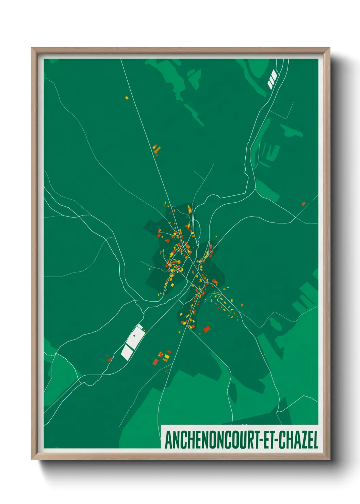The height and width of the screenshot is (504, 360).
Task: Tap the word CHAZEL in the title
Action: (298, 440)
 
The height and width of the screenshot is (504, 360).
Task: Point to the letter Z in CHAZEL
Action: (302, 440)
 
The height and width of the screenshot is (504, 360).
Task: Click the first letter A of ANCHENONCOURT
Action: (168, 440)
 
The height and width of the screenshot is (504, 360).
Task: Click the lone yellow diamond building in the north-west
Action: (127, 98)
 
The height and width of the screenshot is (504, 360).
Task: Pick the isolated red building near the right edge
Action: (303, 204)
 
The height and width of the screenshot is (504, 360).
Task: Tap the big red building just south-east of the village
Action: (207, 329)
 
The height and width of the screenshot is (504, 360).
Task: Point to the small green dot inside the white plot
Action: (134, 335)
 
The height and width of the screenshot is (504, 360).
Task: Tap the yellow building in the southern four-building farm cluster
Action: (166, 357)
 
